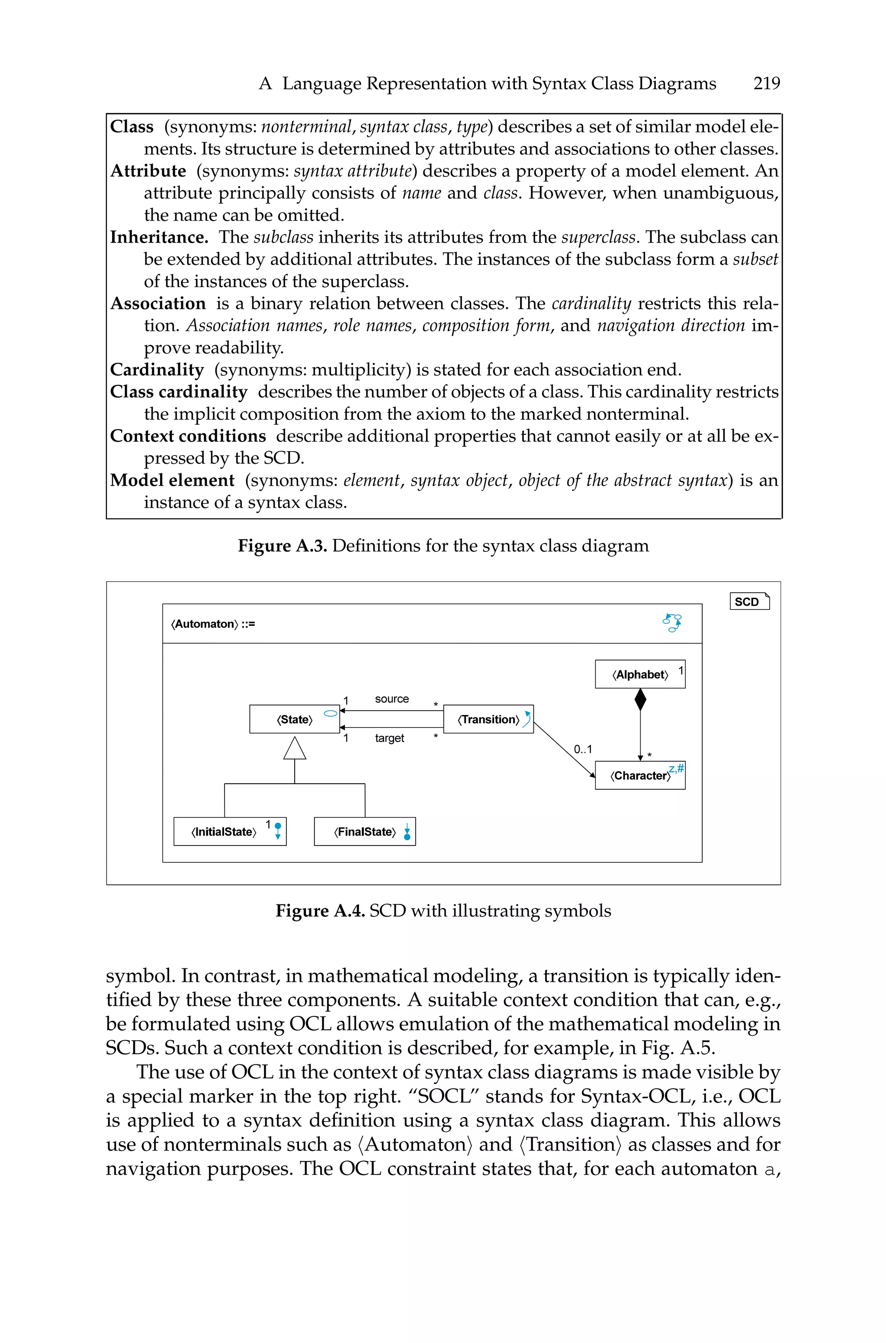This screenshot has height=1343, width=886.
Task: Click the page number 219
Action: [x=766, y=83]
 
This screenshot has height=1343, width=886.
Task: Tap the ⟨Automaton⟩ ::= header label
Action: [x=213, y=624]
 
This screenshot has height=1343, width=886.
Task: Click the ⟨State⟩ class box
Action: [x=294, y=719]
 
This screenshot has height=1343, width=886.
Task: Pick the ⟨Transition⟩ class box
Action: [x=488, y=719]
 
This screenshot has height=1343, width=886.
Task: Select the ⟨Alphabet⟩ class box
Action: [x=640, y=674]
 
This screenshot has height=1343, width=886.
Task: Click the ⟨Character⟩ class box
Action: [x=640, y=776]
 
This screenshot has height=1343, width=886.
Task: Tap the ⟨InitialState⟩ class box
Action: [x=229, y=831]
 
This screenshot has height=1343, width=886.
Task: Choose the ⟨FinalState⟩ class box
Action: [x=364, y=831]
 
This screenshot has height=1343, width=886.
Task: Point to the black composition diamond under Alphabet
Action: [x=640, y=700]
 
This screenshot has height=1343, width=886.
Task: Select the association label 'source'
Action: [x=392, y=699]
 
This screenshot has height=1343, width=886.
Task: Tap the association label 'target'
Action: [x=389, y=738]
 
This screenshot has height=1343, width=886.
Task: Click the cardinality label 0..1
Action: [x=583, y=750]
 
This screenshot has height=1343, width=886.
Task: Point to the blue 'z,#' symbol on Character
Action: [x=676, y=768]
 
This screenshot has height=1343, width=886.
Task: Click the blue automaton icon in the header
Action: [x=672, y=623]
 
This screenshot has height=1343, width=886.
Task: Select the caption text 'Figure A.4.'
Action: [x=319, y=911]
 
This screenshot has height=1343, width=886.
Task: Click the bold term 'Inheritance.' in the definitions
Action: [x=159, y=237]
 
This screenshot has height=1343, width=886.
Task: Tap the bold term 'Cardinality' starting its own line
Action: [x=157, y=370]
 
